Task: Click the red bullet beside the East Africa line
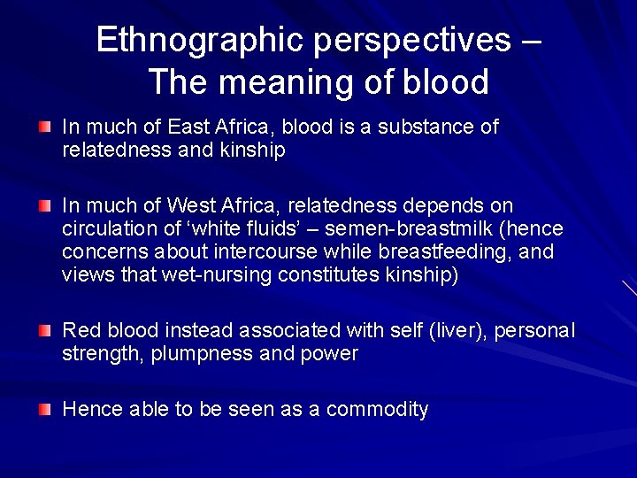coord(45,128)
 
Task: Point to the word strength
coord(104,354)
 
